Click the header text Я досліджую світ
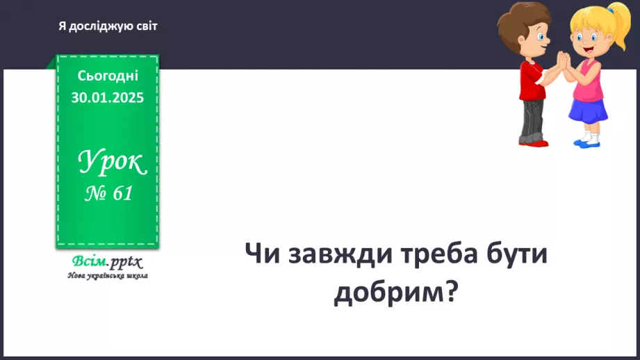click(x=108, y=26)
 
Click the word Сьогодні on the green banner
click(x=108, y=76)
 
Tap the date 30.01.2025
click(x=108, y=97)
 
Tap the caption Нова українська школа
click(x=107, y=275)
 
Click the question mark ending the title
click(x=450, y=292)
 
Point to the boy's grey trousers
click(x=532, y=118)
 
